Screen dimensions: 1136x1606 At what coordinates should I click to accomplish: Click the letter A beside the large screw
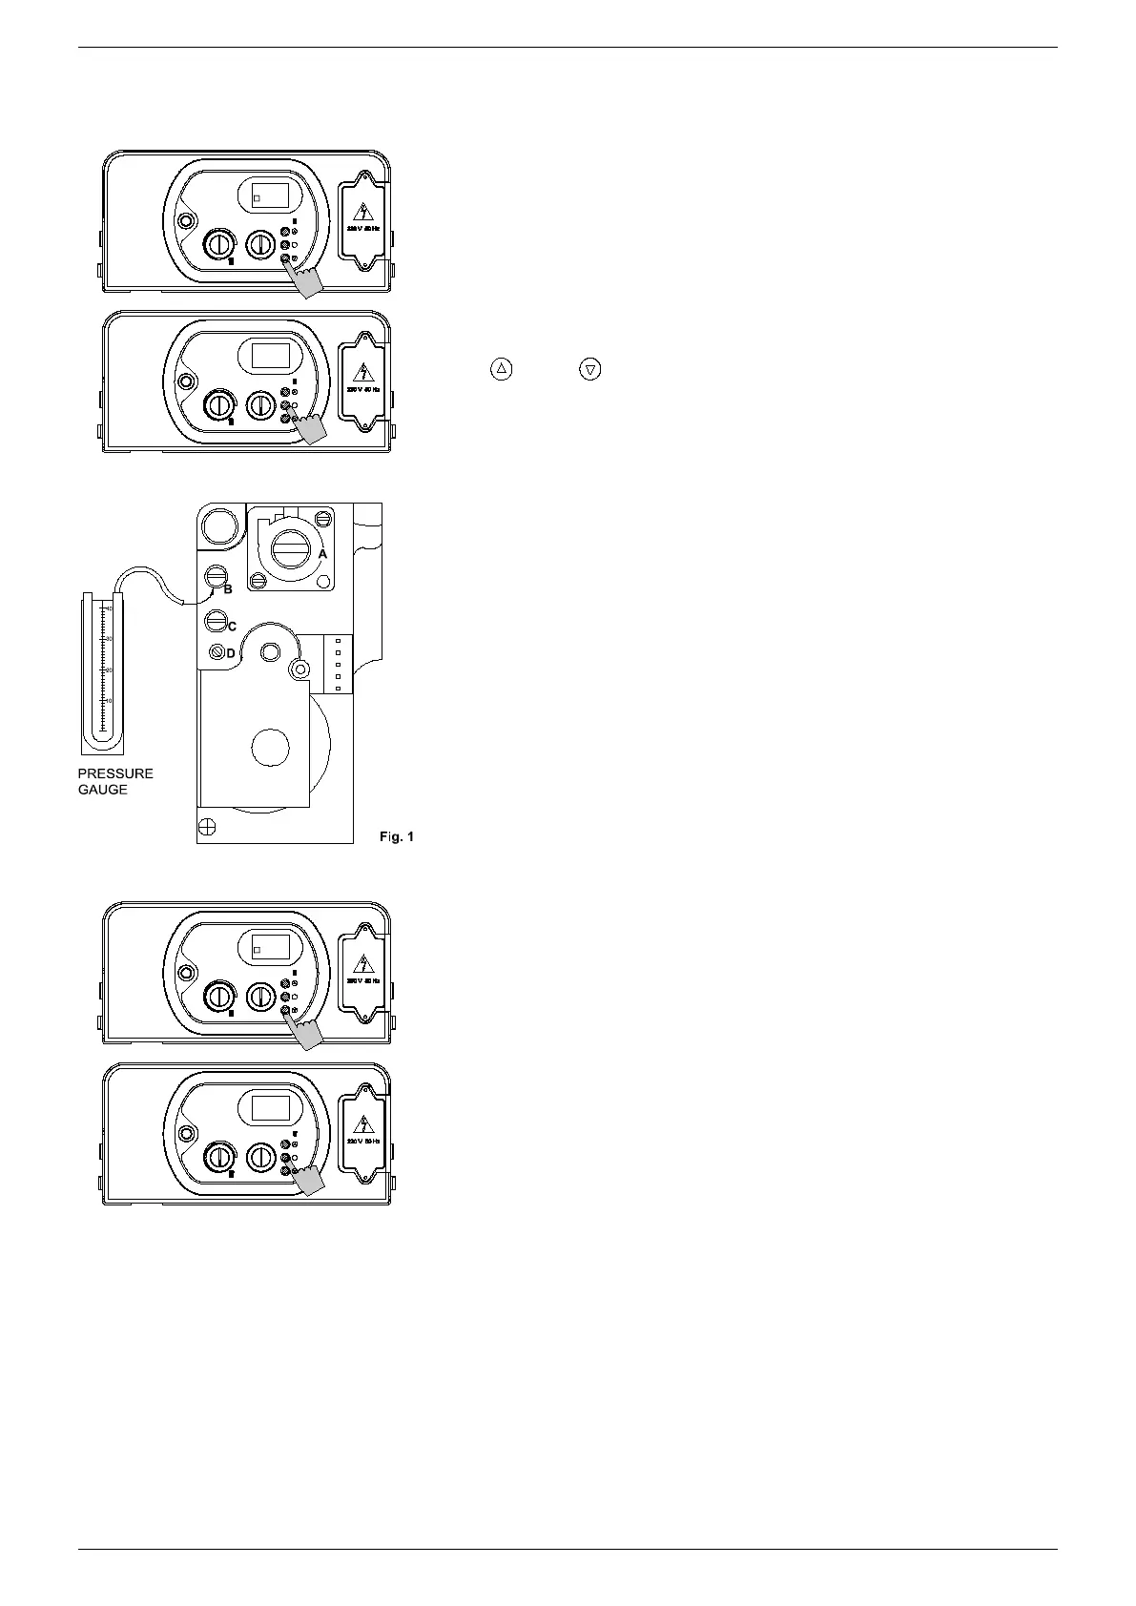point(322,553)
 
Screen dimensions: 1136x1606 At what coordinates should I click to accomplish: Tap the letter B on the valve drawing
point(228,589)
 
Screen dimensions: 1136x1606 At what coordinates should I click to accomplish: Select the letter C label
point(231,627)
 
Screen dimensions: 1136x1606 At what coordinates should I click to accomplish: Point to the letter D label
point(230,653)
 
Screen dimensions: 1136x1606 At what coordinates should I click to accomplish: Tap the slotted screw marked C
point(217,622)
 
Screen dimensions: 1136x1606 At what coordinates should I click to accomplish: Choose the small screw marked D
point(217,652)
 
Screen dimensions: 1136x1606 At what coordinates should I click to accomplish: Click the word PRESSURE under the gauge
point(115,773)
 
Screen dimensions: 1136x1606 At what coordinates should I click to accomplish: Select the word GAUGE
point(103,790)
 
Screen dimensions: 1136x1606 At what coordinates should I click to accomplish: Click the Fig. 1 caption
point(397,836)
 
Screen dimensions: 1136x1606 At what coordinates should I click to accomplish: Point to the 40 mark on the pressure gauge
point(109,607)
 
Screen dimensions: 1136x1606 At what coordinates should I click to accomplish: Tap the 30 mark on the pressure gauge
point(109,638)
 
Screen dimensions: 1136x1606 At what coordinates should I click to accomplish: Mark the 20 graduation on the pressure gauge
point(109,669)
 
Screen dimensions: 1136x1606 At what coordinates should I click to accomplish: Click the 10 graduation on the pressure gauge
point(109,700)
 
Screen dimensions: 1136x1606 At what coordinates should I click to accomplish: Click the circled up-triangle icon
point(502,368)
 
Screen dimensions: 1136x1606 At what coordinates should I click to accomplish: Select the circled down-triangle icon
point(591,368)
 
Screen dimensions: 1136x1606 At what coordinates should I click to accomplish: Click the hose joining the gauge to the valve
point(153,578)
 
